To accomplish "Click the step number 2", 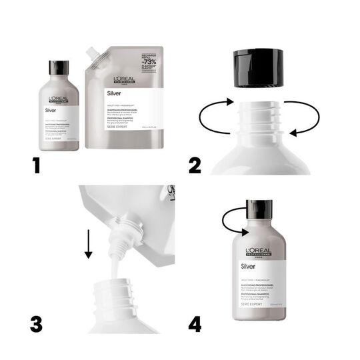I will point(195,163).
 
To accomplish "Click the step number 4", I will point(195,325).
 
